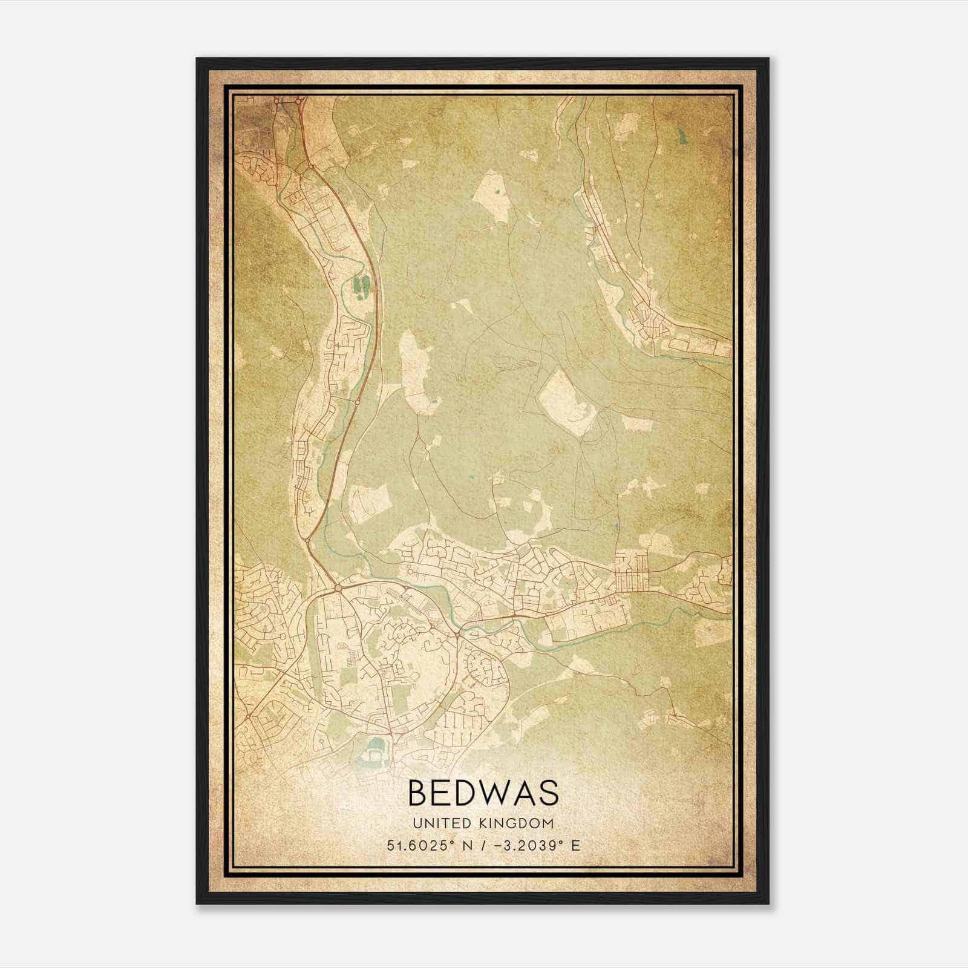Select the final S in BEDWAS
point(549,793)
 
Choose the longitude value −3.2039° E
point(537,846)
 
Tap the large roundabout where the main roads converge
point(338,587)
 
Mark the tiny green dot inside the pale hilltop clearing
point(497,193)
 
